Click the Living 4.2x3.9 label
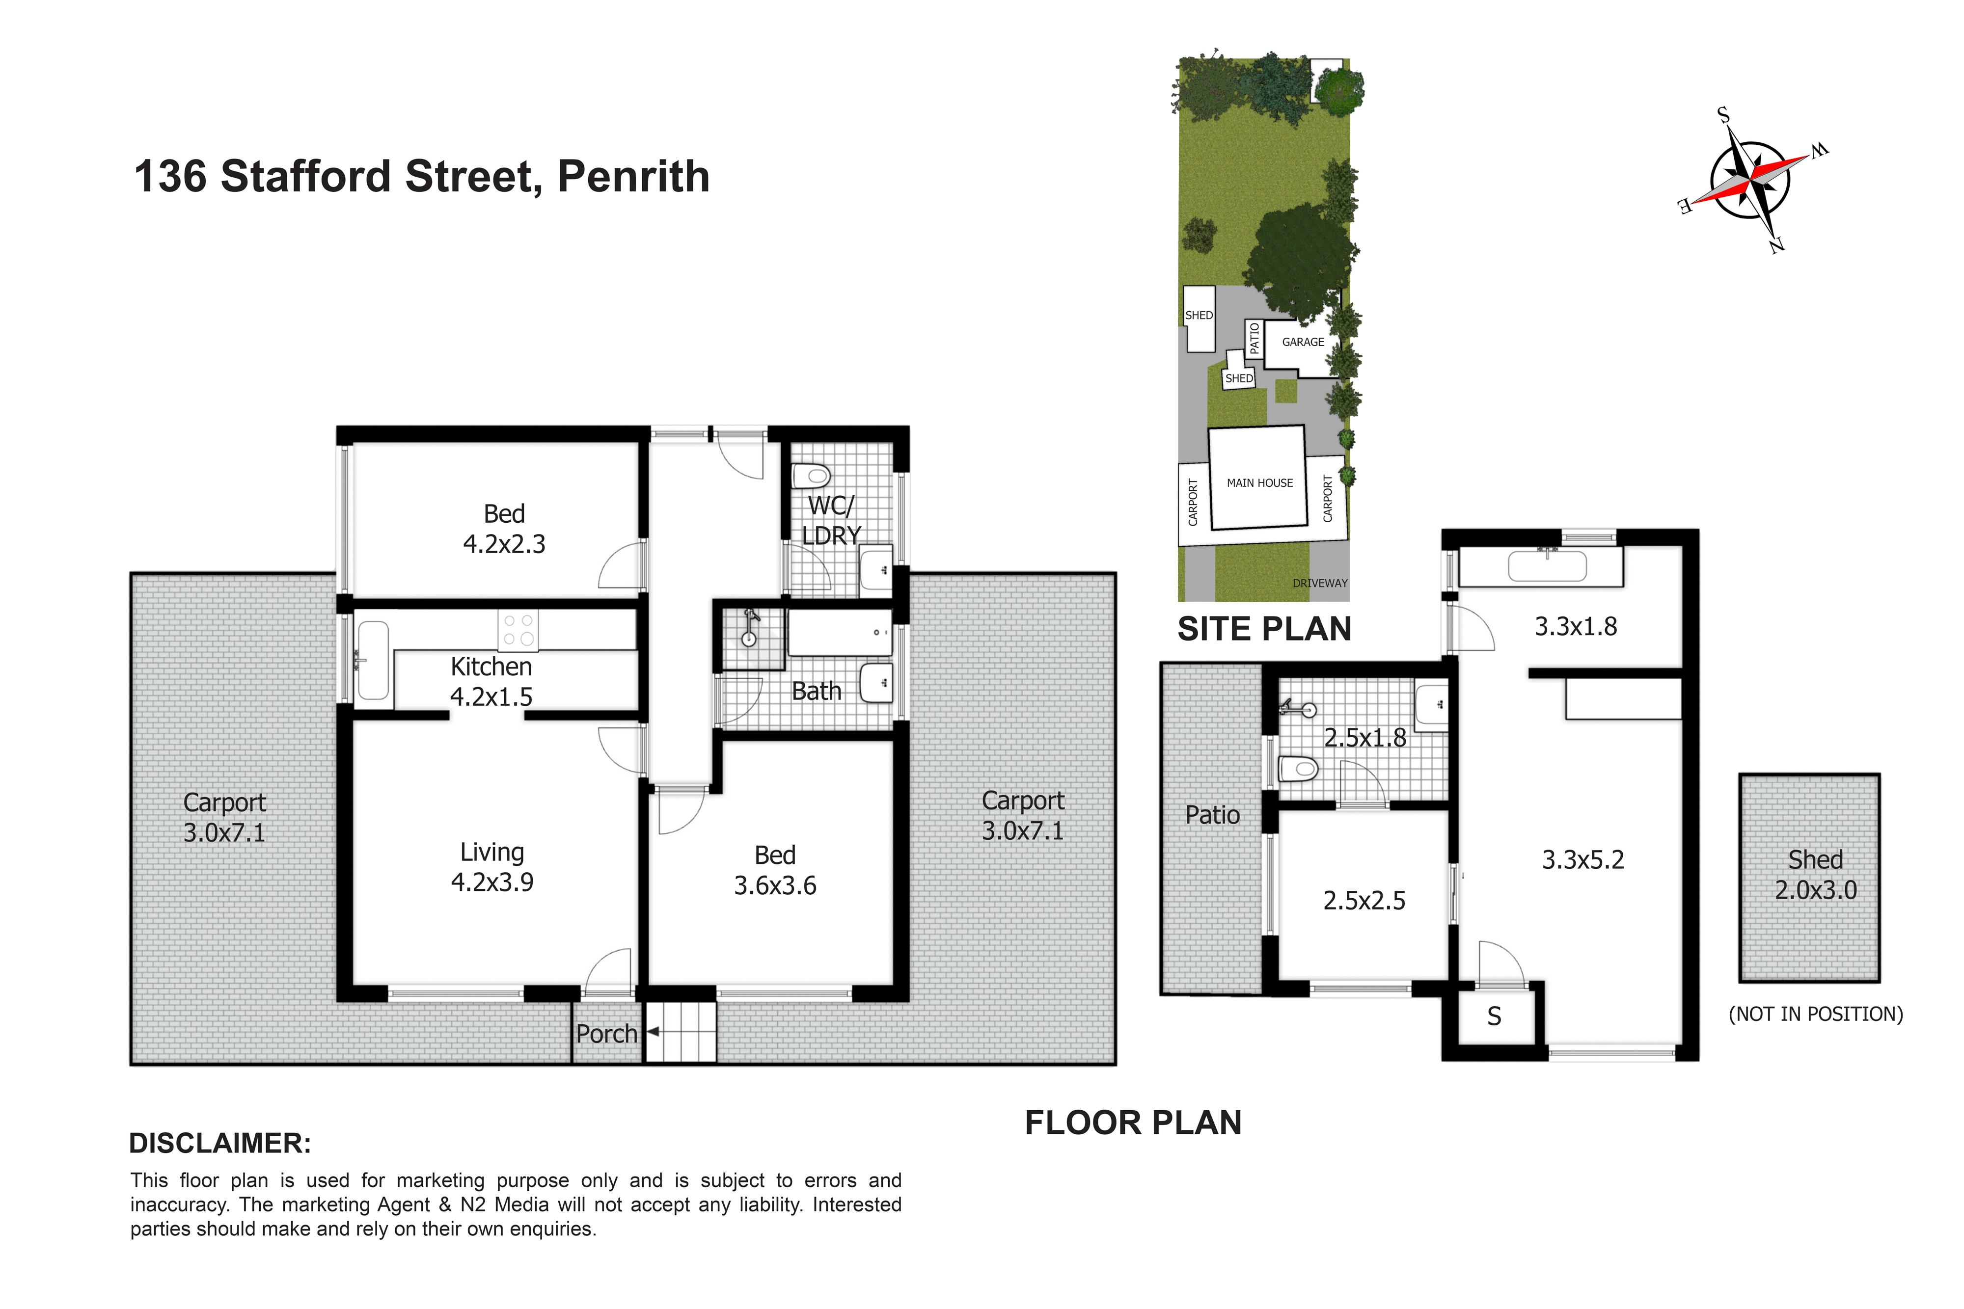[492, 867]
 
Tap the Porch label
[606, 1034]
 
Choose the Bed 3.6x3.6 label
[775, 870]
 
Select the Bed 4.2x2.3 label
[504, 529]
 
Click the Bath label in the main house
[816, 691]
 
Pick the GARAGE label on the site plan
[1303, 342]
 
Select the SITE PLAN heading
[1264, 629]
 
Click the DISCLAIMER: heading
[220, 1143]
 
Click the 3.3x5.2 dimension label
[1582, 860]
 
